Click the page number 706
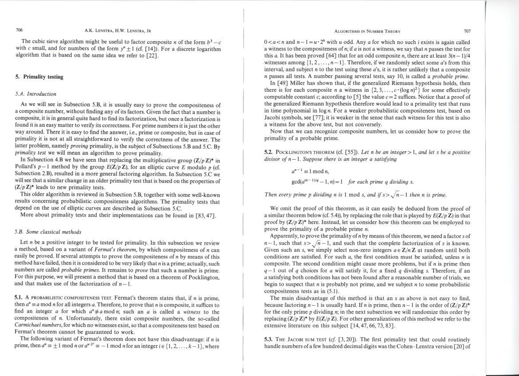coord(19,31)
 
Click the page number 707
coord(467,31)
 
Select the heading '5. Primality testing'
coord(39,77)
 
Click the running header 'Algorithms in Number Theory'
coord(367,31)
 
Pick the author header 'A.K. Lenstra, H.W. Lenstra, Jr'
coord(118,31)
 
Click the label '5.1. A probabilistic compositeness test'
coord(63,298)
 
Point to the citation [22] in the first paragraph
coord(151,56)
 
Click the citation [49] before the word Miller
coord(281,83)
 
